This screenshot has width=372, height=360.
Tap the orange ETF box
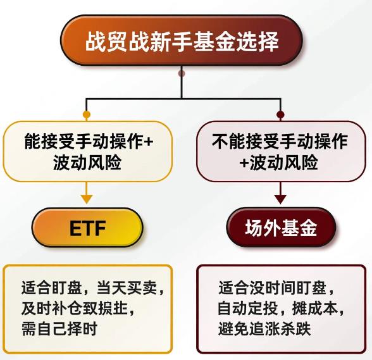pyautogui.click(x=87, y=228)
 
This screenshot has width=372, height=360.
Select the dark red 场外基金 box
pyautogui.click(x=281, y=228)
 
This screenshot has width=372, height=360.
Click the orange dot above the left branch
pyautogui.click(x=87, y=115)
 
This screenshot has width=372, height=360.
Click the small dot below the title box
pyautogui.click(x=182, y=74)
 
